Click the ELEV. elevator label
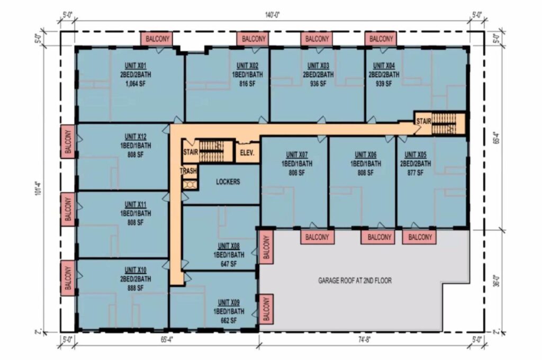247,152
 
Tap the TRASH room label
188,171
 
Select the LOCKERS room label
228,182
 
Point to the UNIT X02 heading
248,66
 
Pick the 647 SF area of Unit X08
229,264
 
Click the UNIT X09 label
229,302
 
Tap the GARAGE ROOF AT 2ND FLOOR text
355,281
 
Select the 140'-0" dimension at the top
273,15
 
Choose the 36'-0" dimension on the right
496,281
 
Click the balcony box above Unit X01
157,39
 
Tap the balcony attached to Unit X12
68,142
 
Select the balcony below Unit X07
317,237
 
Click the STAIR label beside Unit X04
423,121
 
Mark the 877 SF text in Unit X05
415,173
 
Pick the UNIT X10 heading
135,270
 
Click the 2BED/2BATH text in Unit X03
318,74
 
